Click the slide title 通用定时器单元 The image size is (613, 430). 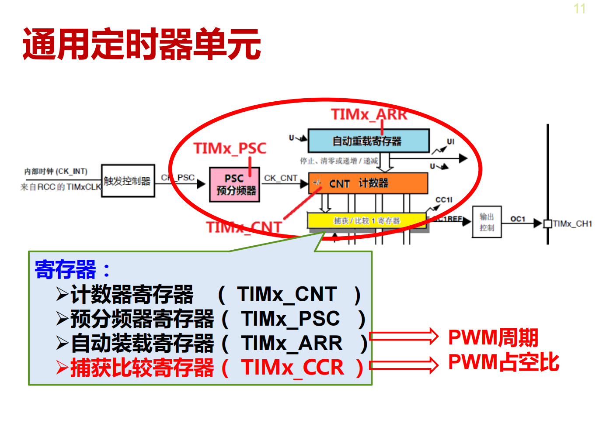pyautogui.click(x=142, y=44)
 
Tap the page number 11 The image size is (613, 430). pyautogui.click(x=579, y=9)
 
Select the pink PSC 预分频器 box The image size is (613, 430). pyautogui.click(x=235, y=185)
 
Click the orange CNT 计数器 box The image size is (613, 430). pyautogui.click(x=368, y=183)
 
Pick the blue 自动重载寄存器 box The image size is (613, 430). pyautogui.click(x=369, y=141)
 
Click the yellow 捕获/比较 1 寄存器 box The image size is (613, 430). pyautogui.click(x=366, y=220)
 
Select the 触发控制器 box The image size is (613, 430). pyautogui.click(x=128, y=181)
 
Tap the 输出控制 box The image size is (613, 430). pyautogui.click(x=486, y=222)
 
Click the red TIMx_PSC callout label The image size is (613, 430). pyautogui.click(x=230, y=148)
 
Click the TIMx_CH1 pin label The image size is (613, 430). pyautogui.click(x=572, y=224)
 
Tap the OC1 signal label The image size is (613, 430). pyautogui.click(x=518, y=219)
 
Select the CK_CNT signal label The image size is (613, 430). pyautogui.click(x=280, y=178)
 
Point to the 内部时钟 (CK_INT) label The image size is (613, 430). pyautogui.click(x=56, y=172)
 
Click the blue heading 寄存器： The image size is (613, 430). pyautogui.click(x=73, y=269)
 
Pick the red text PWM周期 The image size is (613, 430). pyautogui.click(x=493, y=337)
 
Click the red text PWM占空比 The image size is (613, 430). pyautogui.click(x=504, y=362)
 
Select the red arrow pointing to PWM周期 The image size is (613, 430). pyautogui.click(x=404, y=337)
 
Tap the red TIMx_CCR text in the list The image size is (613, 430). pyautogui.click(x=293, y=368)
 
